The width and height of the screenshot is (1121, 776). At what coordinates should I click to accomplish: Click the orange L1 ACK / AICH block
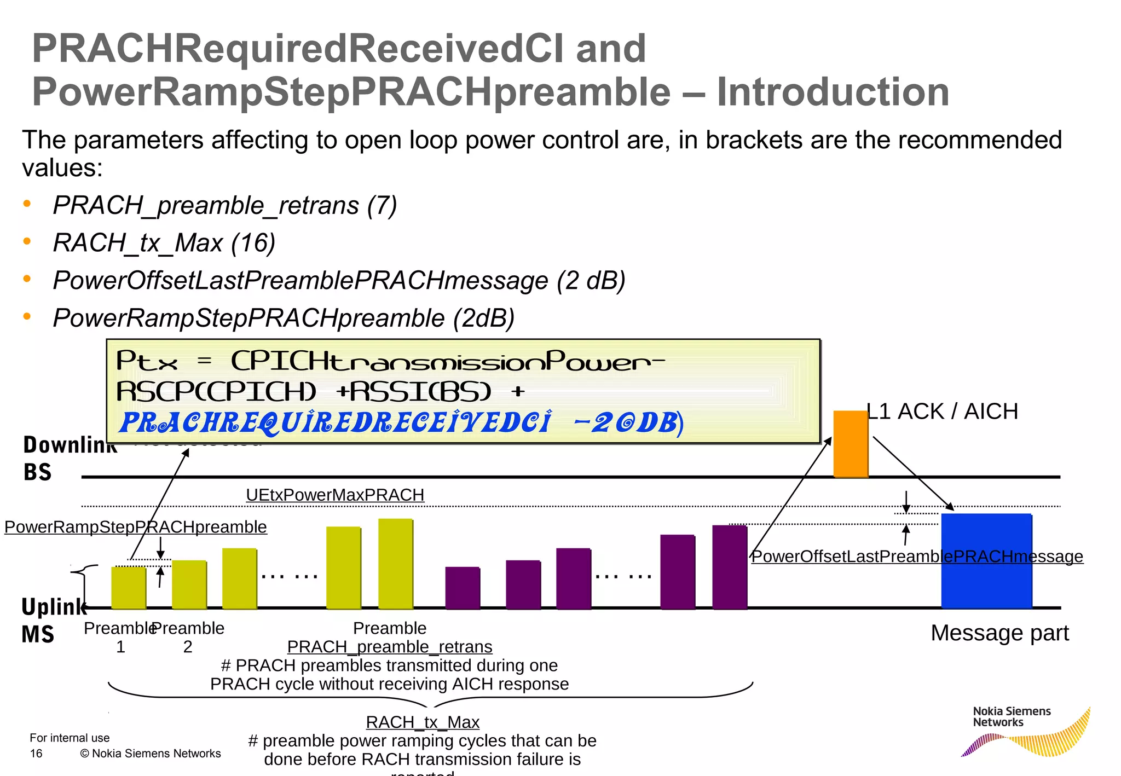[850, 444]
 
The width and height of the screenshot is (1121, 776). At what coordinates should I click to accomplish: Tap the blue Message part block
[986, 560]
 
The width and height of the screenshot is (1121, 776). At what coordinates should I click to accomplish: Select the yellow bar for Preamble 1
[128, 588]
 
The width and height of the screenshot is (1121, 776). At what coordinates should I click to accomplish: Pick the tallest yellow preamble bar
[395, 564]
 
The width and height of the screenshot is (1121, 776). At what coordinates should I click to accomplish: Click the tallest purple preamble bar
[729, 567]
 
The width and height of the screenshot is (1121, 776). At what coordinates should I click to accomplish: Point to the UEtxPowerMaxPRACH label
[335, 495]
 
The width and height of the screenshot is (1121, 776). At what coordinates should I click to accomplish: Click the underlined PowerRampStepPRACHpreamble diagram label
[135, 526]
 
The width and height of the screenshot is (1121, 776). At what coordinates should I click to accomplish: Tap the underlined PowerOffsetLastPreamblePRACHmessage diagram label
[917, 556]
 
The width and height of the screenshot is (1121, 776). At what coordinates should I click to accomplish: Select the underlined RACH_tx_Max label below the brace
[422, 722]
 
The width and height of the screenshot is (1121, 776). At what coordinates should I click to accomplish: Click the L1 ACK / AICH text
[943, 411]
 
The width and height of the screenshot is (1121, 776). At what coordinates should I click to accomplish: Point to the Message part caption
[999, 633]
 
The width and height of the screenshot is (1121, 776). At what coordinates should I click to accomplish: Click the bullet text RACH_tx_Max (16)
[164, 242]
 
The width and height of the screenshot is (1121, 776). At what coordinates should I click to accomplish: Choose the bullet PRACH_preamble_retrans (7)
[224, 205]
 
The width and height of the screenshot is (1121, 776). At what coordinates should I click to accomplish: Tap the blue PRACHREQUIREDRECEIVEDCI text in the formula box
[335, 422]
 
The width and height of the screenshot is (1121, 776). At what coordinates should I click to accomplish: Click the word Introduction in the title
[833, 91]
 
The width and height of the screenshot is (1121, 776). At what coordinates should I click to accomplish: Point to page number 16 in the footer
[36, 754]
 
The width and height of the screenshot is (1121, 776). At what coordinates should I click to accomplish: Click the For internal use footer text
[70, 738]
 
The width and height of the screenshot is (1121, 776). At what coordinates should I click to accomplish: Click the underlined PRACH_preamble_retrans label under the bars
[389, 646]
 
